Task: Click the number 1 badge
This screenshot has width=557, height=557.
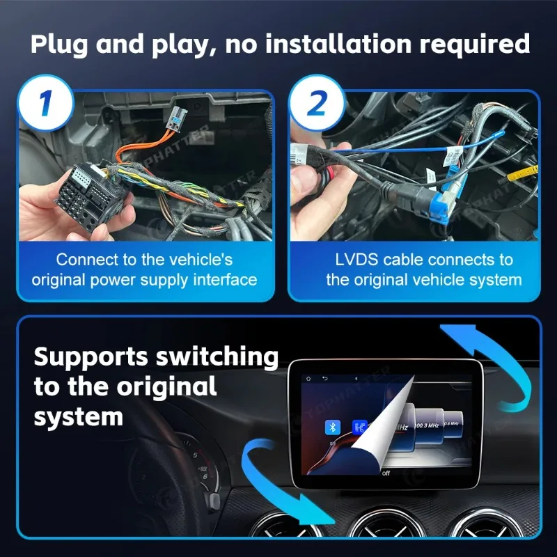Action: pos(46,104)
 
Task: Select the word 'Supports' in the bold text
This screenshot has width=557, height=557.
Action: pos(91,357)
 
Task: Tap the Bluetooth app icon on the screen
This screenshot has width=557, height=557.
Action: pos(333,427)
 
